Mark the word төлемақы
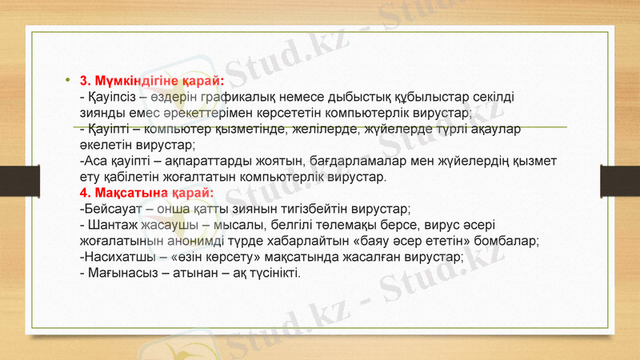click(353, 225)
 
